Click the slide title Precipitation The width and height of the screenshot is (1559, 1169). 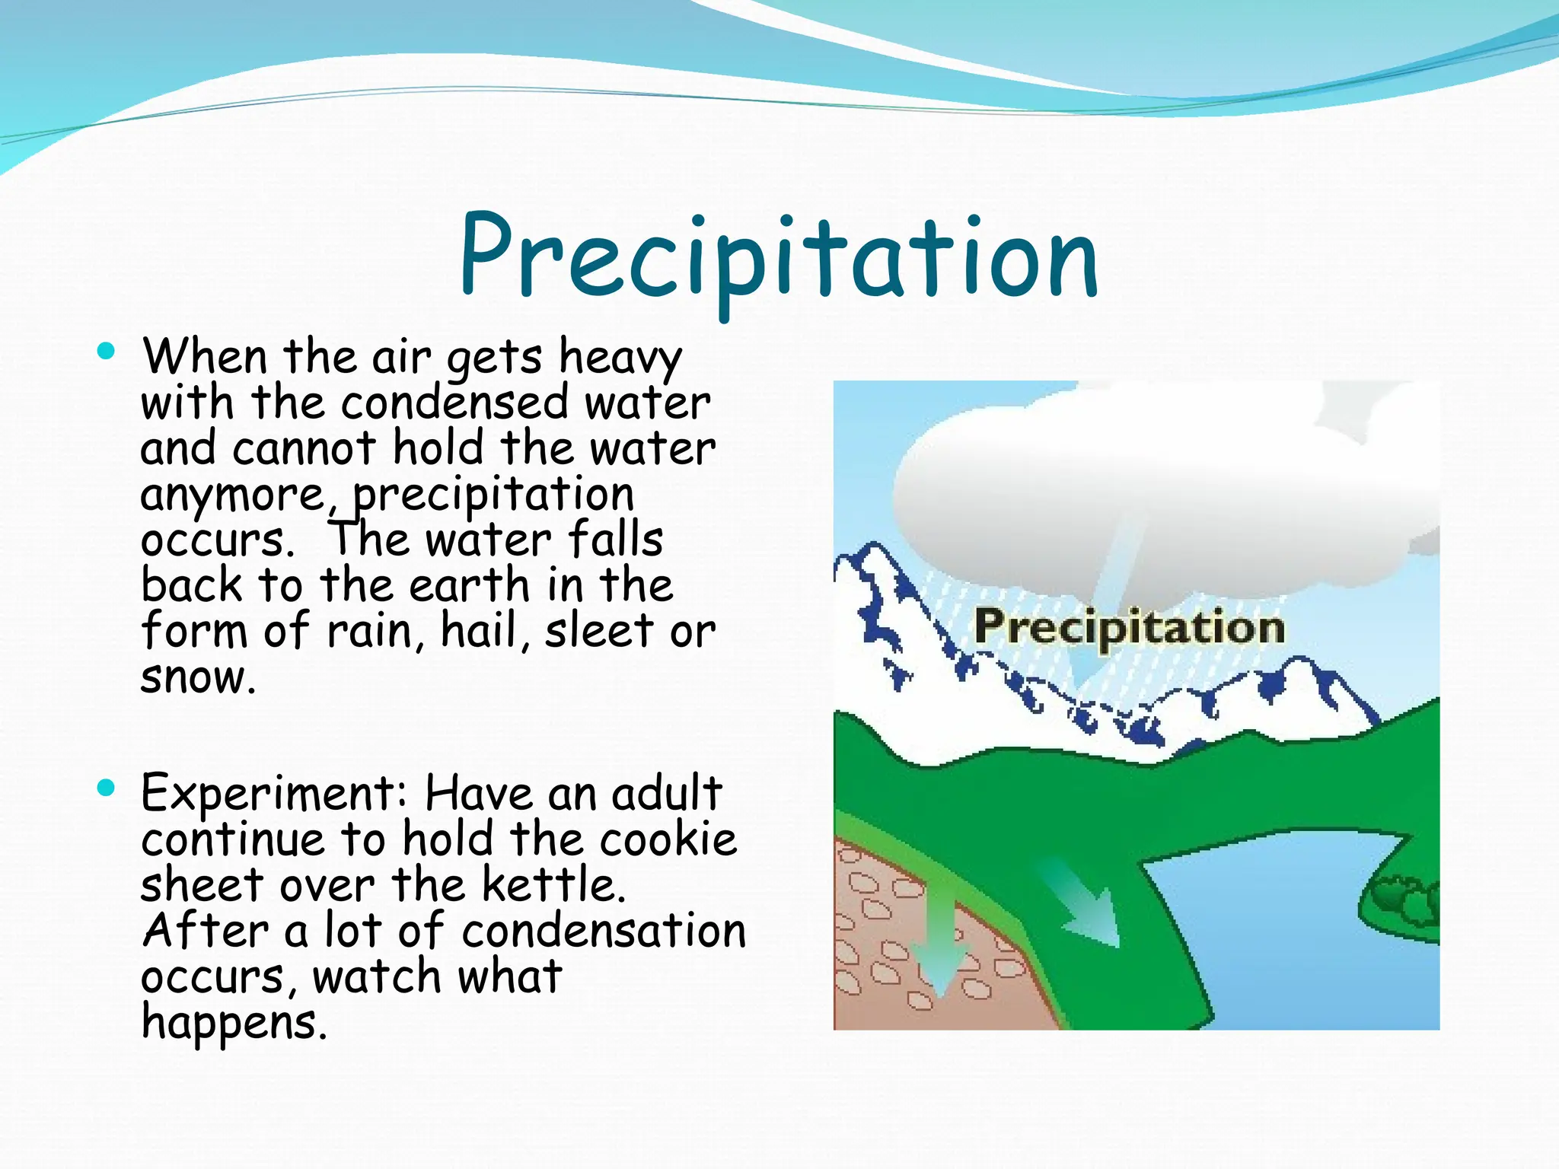click(x=778, y=259)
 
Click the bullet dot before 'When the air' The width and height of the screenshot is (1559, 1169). click(x=106, y=352)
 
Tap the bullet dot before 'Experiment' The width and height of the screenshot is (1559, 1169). click(x=106, y=788)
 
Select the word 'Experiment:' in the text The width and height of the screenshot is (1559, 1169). click(x=275, y=795)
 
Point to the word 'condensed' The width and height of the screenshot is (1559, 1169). click(x=454, y=403)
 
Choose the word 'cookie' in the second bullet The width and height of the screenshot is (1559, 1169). click(x=668, y=840)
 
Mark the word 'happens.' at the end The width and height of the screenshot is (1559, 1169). click(x=234, y=1023)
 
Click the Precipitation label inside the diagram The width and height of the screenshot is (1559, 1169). click(x=1129, y=628)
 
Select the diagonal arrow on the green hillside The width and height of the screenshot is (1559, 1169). click(x=1085, y=906)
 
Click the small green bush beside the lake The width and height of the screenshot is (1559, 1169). click(x=1408, y=902)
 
